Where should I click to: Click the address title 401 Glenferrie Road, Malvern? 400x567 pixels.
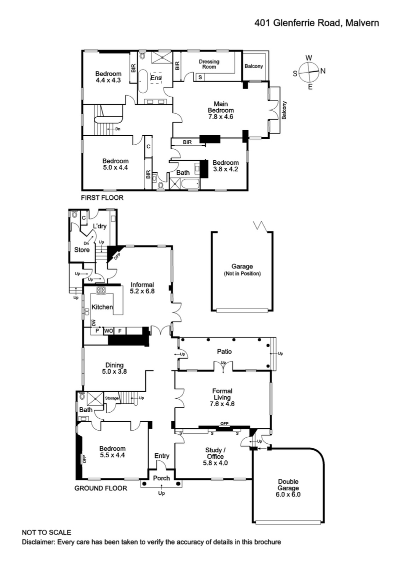point(316,23)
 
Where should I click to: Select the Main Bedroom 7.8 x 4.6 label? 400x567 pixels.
point(221,110)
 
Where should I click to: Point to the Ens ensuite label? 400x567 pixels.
point(156,78)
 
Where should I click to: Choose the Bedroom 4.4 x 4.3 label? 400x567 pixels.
point(108,77)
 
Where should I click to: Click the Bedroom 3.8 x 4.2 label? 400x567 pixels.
point(225,166)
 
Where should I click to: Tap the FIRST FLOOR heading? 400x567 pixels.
point(102,198)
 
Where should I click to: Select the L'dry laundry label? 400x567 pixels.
point(99,226)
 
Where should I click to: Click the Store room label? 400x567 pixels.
point(82,249)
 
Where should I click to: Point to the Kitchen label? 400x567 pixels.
point(101,307)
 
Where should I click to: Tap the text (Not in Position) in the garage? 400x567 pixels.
point(242,274)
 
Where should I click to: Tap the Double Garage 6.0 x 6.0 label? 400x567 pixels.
point(288,487)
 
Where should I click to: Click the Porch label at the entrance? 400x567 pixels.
point(161,478)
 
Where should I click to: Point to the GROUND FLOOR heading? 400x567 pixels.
point(100,488)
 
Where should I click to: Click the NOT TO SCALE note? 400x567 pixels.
point(46,532)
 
